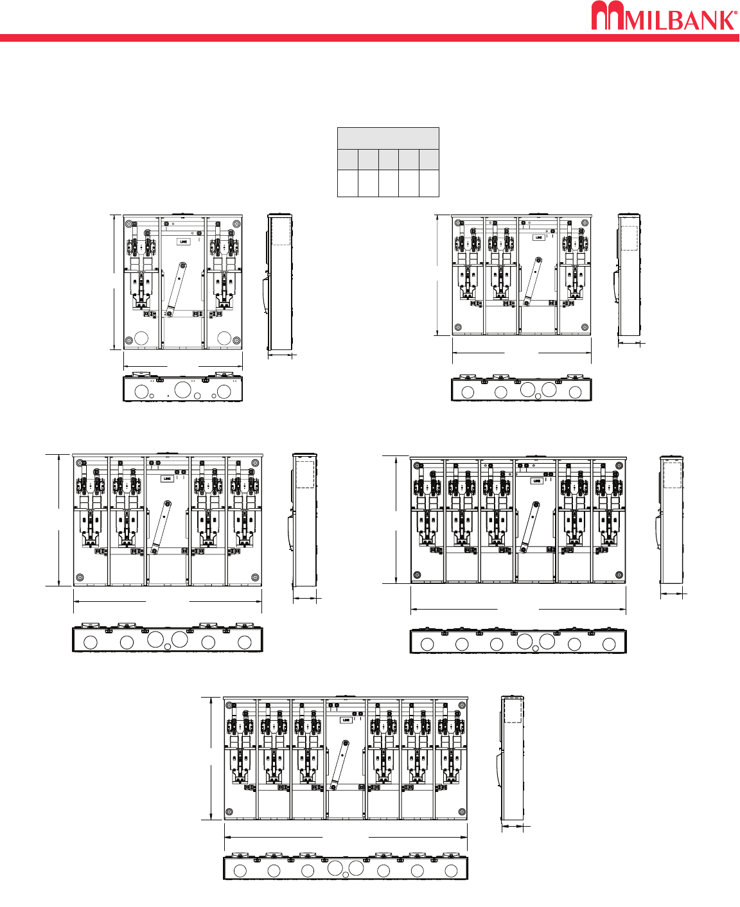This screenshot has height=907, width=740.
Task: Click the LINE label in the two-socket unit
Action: (183, 242)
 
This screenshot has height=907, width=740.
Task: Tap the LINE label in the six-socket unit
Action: (346, 719)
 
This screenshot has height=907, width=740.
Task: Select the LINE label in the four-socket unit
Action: (167, 479)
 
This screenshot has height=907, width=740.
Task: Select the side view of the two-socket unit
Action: (279, 283)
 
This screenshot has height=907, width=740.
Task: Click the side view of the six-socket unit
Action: (513, 758)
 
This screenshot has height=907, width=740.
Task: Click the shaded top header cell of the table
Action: (388, 138)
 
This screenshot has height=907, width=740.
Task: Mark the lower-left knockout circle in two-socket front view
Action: (141, 338)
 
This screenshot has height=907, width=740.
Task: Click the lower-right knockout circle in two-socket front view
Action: (224, 338)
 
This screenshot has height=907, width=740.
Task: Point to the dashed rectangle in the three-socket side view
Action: (629, 237)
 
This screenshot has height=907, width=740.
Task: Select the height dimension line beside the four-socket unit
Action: (59, 520)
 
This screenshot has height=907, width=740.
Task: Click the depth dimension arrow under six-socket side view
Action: (513, 827)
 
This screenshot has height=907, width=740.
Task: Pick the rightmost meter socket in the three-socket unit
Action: (574, 276)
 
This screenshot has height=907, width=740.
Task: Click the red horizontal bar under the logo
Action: (369, 38)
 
